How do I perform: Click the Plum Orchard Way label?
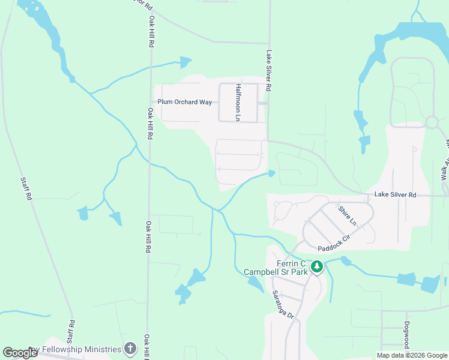tap(185, 102)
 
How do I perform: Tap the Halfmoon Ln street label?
tap(238, 103)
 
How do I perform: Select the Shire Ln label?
tap(348, 216)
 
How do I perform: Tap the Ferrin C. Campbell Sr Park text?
tap(276, 268)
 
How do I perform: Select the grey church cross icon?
tap(130, 349)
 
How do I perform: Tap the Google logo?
tap(20, 353)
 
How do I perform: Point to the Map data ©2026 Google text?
tap(412, 355)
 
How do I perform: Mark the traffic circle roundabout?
tap(431, 122)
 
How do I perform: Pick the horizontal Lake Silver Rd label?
tap(395, 195)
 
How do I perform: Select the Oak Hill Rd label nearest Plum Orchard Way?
tap(148, 124)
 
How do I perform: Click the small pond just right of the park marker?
tap(346, 261)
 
